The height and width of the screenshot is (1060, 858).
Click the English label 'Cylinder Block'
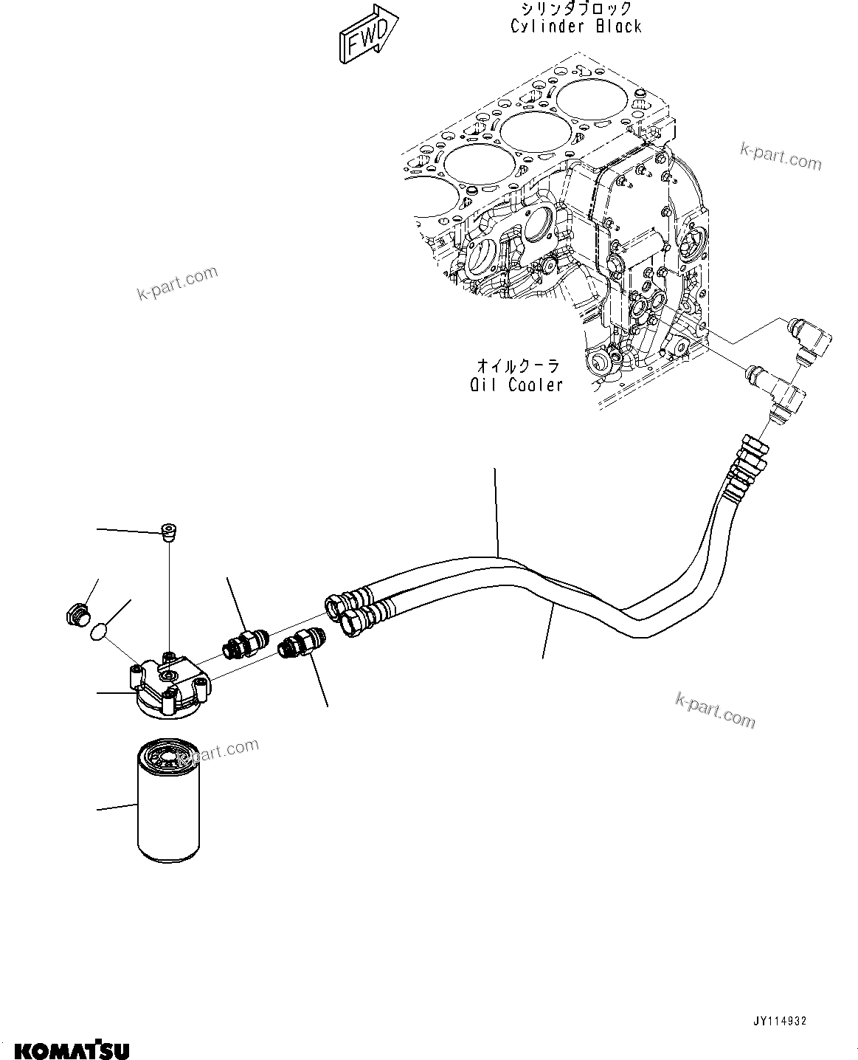[x=576, y=27]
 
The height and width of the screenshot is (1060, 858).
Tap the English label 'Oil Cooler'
[x=516, y=385]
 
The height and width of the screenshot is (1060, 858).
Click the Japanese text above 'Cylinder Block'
[x=576, y=9]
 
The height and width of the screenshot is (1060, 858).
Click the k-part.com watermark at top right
[x=781, y=156]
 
